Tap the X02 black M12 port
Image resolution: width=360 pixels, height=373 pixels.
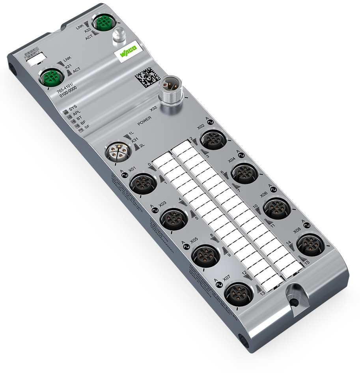[213, 139]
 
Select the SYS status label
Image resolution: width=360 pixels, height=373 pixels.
[73, 107]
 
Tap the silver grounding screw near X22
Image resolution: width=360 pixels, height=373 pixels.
[118, 36]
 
